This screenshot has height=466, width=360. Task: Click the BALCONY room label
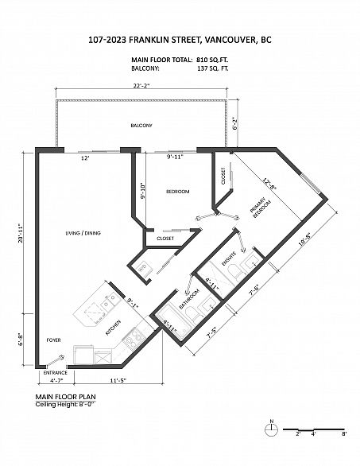(x=141, y=126)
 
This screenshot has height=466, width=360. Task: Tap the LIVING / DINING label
(x=83, y=233)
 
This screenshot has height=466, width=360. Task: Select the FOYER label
(x=54, y=340)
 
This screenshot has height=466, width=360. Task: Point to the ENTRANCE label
(x=56, y=373)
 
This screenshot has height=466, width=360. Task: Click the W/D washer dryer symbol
(x=143, y=268)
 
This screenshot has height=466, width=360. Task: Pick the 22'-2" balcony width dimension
(x=141, y=86)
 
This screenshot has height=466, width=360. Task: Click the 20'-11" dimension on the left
(x=21, y=233)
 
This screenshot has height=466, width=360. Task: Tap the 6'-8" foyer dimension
(x=21, y=339)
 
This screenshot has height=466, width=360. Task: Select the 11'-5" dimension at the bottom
(x=118, y=380)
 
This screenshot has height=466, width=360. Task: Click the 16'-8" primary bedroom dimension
(x=306, y=239)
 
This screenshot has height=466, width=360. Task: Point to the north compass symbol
(x=271, y=429)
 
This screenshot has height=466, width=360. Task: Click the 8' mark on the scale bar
(x=344, y=433)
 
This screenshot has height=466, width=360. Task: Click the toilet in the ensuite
(x=236, y=272)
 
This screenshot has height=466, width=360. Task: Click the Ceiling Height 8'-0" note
(x=65, y=404)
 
